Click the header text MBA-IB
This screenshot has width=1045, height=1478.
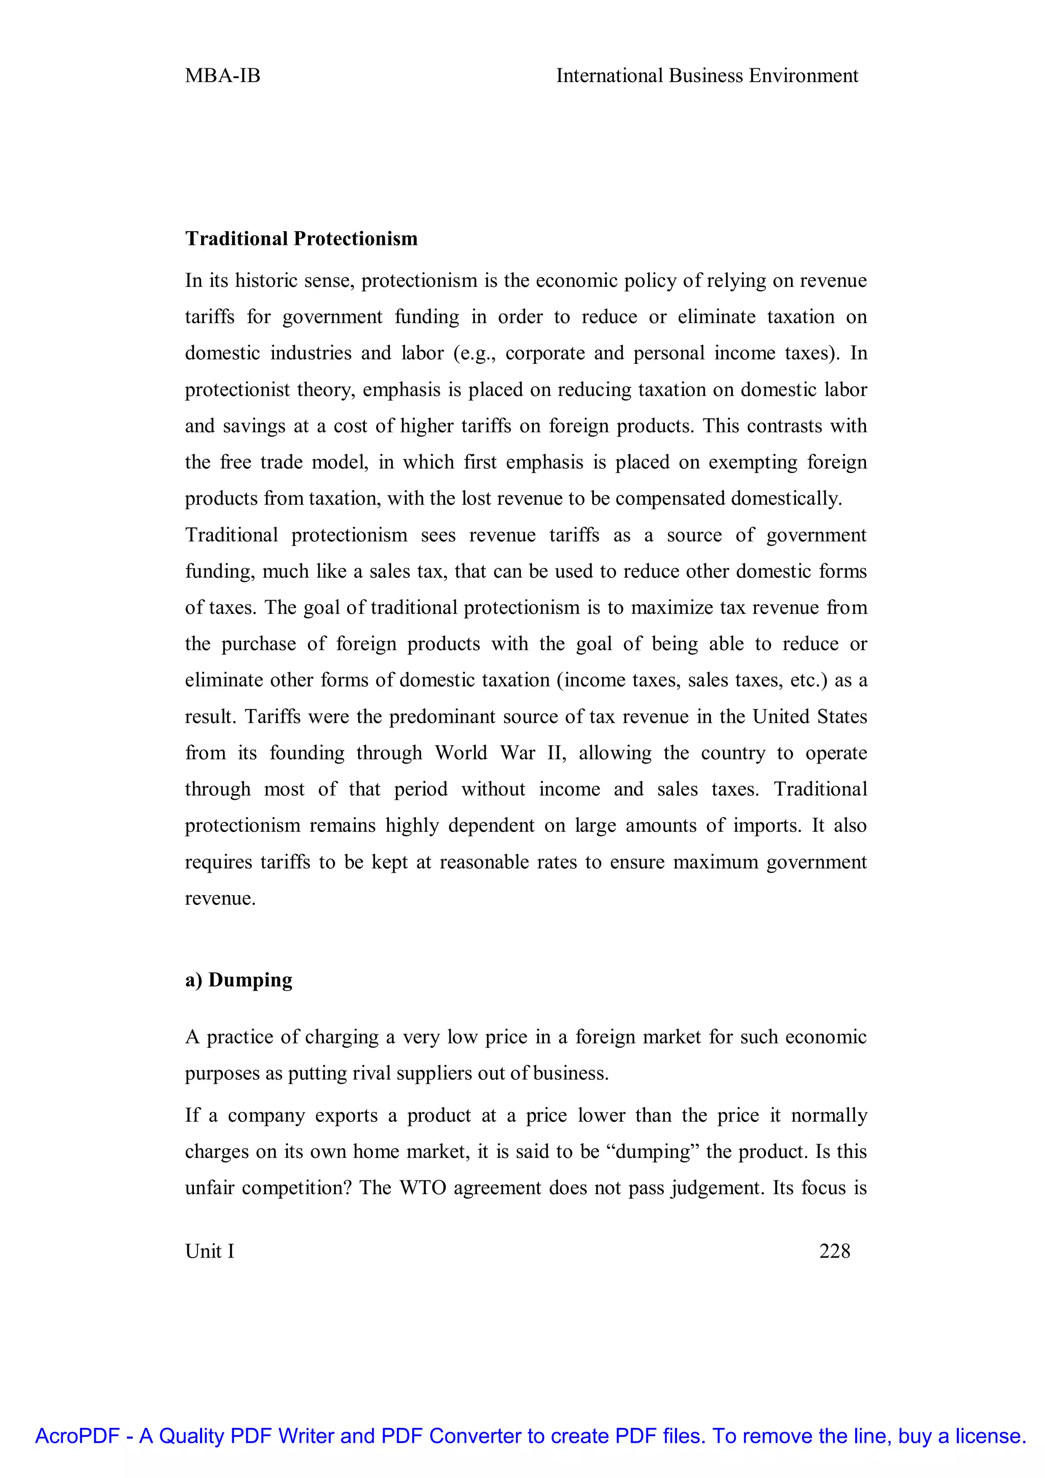click(x=222, y=76)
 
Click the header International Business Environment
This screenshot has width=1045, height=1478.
click(x=707, y=76)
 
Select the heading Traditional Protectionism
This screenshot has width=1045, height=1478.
click(x=301, y=239)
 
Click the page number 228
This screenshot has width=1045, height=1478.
click(x=835, y=1251)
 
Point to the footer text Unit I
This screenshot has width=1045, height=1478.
click(x=210, y=1251)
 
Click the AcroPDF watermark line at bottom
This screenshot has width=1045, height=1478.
click(x=530, y=1436)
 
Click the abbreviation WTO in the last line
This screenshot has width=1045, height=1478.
click(x=423, y=1187)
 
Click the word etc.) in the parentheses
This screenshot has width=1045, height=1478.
click(x=808, y=680)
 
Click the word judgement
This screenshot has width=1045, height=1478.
click(x=717, y=1187)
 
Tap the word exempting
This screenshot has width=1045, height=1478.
click(x=753, y=462)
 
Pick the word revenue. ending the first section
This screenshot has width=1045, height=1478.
click(x=220, y=898)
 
